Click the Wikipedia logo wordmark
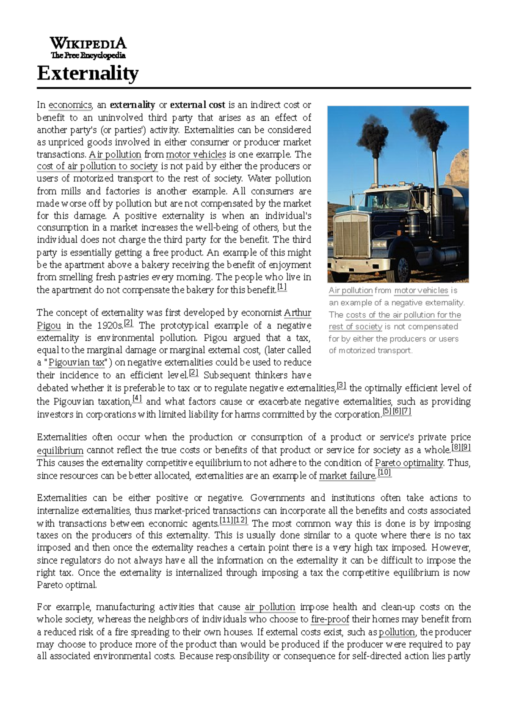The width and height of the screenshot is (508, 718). pyautogui.click(x=88, y=43)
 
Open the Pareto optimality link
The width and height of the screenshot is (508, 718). pyautogui.click(x=409, y=463)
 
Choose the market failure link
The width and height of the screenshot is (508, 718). pyautogui.click(x=347, y=476)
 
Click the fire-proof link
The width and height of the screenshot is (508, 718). pyautogui.click(x=330, y=619)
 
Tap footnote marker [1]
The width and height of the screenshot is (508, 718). pyautogui.click(x=282, y=288)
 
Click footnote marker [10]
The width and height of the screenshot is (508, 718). pyautogui.click(x=384, y=473)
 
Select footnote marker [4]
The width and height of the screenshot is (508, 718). pyautogui.click(x=137, y=399)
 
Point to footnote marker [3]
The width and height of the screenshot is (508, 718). pyautogui.click(x=341, y=385)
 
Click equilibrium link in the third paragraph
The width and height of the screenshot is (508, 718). pyautogui.click(x=60, y=450)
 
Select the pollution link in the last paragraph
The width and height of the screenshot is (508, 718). pyautogui.click(x=397, y=632)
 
